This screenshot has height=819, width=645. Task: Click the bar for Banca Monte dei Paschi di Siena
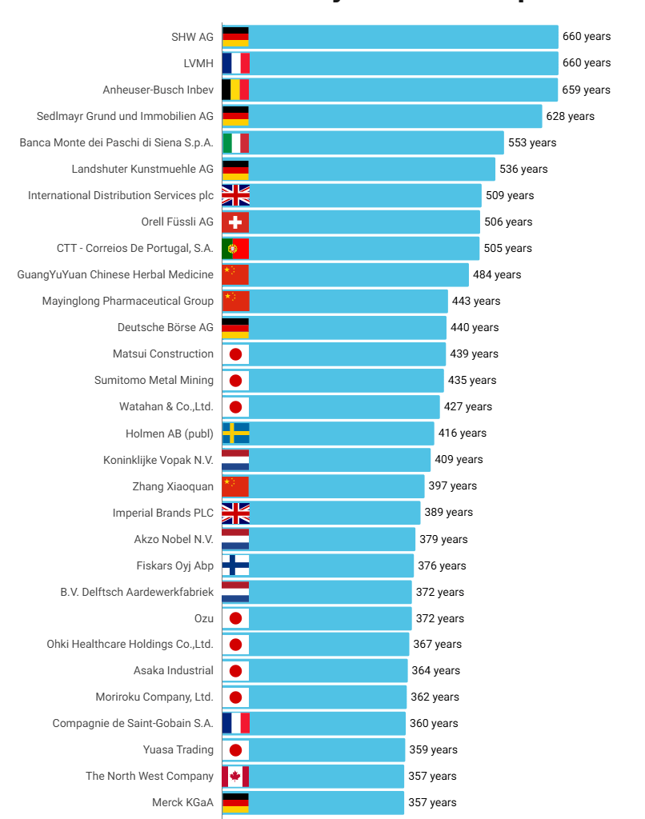tap(376, 142)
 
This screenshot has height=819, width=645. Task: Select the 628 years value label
tap(570, 116)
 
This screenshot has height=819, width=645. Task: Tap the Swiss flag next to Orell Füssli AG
tap(235, 222)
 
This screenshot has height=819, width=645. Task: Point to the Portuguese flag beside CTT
tap(235, 248)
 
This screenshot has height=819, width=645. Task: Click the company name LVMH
tap(198, 63)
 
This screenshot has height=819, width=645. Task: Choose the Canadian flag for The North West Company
tap(235, 776)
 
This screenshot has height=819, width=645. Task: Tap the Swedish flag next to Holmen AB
tap(235, 433)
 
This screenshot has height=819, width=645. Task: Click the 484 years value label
tap(496, 274)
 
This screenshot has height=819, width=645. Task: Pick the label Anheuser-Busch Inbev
tap(158, 90)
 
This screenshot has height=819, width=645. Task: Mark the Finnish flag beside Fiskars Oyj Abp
tap(235, 565)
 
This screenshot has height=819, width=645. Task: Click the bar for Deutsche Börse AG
tap(347, 327)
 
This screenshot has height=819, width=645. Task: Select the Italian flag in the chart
tap(235, 142)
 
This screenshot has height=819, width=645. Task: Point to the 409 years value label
tap(458, 459)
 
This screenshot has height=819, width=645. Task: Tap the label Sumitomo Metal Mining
tap(154, 380)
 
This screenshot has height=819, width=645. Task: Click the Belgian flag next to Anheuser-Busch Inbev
tap(235, 90)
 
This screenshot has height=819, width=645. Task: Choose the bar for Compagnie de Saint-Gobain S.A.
tap(327, 723)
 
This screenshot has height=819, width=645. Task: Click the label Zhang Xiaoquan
tap(173, 486)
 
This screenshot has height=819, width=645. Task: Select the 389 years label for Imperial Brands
tap(448, 512)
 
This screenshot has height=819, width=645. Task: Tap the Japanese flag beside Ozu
tap(235, 618)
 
